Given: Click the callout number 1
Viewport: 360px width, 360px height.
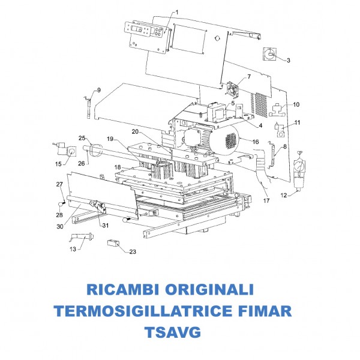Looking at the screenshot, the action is [177, 12].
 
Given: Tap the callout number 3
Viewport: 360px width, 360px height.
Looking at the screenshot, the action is [289, 61].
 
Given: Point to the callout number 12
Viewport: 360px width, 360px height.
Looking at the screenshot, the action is [284, 196].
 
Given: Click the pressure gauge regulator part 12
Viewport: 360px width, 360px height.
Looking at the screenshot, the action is [299, 171].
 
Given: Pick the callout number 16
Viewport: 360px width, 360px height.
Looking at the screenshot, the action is [256, 142].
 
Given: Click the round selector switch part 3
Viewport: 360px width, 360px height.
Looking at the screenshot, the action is [269, 55].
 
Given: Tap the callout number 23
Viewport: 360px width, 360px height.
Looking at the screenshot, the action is [133, 252].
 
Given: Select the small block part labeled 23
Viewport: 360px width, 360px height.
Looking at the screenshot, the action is [113, 242].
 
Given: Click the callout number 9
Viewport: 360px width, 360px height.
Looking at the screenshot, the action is [99, 90].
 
